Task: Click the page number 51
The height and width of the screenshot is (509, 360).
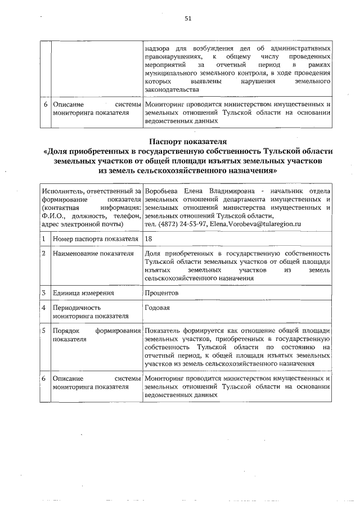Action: click(188, 18)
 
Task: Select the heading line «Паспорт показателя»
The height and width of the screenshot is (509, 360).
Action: click(188, 141)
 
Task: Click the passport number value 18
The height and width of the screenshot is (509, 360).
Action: click(148, 239)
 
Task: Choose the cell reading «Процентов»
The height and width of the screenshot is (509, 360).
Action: click(161, 292)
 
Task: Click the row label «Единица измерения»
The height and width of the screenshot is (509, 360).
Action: click(83, 292)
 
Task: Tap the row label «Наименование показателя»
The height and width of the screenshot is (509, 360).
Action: click(93, 254)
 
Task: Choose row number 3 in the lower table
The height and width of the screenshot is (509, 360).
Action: click(43, 292)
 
